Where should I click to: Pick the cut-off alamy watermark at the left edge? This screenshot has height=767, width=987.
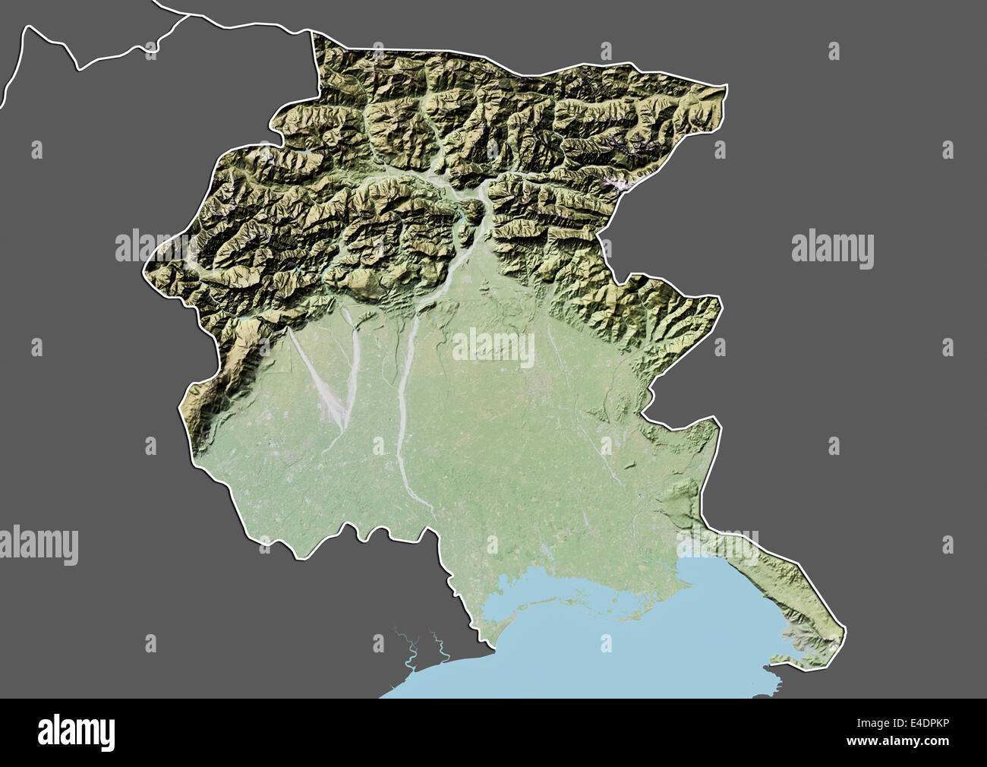click(38, 545)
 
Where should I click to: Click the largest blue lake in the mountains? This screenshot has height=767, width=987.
click(462, 223)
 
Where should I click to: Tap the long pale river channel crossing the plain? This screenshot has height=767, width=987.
click(402, 410)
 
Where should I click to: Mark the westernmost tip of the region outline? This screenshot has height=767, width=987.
click(143, 267)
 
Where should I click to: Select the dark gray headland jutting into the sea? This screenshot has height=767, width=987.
click(767, 680)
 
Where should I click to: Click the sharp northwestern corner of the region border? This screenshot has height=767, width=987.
click(313, 32)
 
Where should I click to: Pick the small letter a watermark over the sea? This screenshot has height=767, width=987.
click(605, 643)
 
